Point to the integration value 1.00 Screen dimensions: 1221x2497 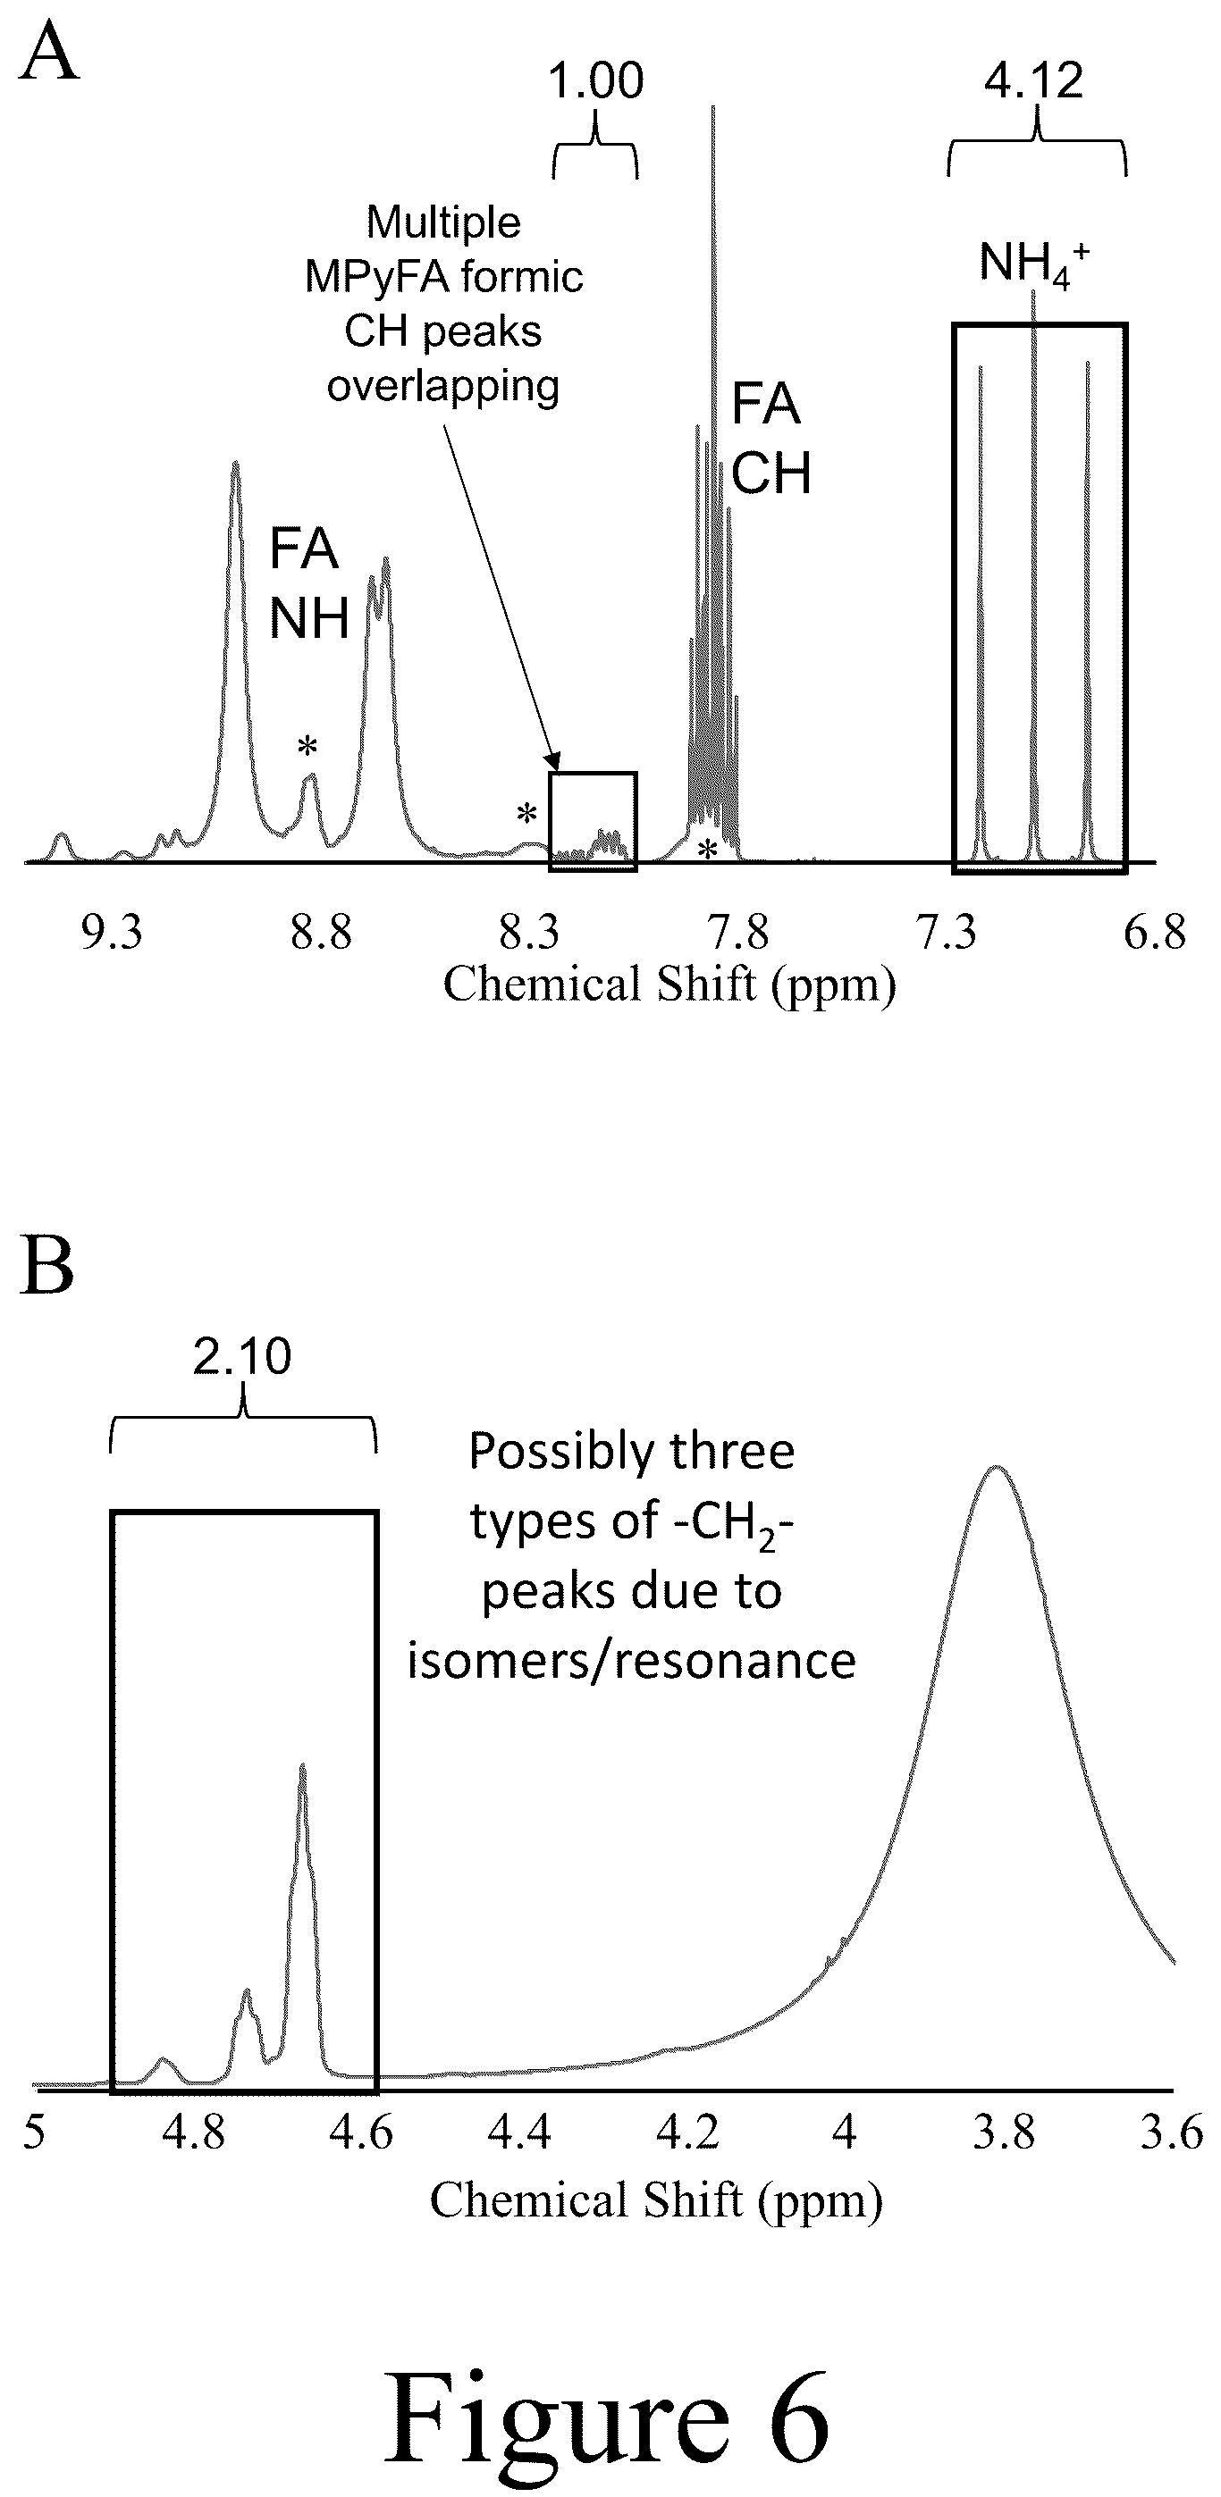pyautogui.click(x=595, y=81)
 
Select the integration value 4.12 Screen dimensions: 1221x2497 pyautogui.click(x=1034, y=80)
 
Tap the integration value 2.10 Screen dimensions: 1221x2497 pyautogui.click(x=242, y=1356)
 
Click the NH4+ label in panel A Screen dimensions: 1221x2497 pyautogui.click(x=1034, y=264)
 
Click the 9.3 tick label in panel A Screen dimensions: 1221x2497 pyautogui.click(x=113, y=933)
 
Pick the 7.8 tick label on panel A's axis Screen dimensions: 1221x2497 pyautogui.click(x=739, y=933)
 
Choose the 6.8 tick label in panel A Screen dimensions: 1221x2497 pyautogui.click(x=1155, y=933)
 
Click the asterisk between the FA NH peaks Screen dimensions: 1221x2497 pyautogui.click(x=307, y=746)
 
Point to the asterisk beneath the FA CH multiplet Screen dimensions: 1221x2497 pyautogui.click(x=708, y=850)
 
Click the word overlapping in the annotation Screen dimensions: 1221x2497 pyautogui.click(x=443, y=387)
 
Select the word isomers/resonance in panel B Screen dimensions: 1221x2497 pyautogui.click(x=631, y=1661)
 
